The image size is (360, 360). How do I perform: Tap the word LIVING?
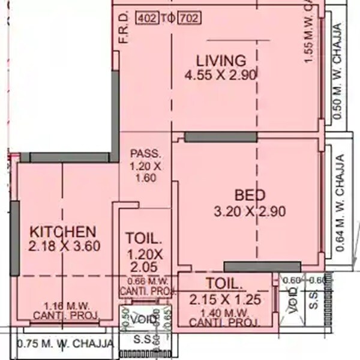coord(221,61)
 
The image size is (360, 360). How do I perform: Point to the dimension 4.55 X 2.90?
coord(221,75)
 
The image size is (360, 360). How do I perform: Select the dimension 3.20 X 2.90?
coord(249,211)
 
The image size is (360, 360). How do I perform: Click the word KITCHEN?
coord(63,232)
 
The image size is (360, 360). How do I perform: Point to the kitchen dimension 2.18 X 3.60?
coord(63,245)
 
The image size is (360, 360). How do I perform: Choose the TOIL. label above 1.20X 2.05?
coord(143,237)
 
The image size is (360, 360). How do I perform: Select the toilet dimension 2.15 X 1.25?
coord(223,299)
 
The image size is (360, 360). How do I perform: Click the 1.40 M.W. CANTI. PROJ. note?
coord(223,317)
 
